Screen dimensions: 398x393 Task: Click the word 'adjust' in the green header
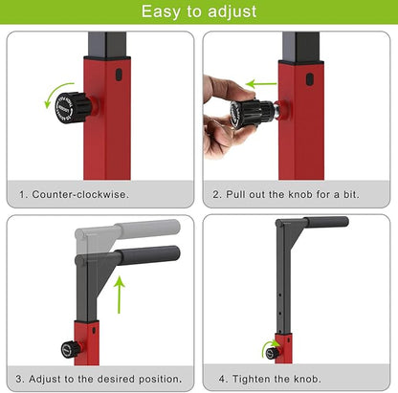[x=232, y=12]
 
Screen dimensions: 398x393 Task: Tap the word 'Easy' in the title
[x=161, y=12]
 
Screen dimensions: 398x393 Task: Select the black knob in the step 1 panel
[x=74, y=107]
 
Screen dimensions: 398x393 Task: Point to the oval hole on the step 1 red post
[x=119, y=75]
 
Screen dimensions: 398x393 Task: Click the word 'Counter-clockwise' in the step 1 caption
[x=79, y=194]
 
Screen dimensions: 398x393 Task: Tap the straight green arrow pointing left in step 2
[x=261, y=84]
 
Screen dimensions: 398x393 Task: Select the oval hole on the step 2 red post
[x=309, y=79]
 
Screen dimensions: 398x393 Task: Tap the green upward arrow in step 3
[x=120, y=294]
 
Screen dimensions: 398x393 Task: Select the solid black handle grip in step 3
[x=148, y=255]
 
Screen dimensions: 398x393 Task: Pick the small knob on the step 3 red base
[x=72, y=350]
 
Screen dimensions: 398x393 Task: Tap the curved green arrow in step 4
[x=269, y=347]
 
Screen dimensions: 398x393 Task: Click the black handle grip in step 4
[x=325, y=222]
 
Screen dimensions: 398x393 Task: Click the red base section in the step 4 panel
[x=283, y=349]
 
